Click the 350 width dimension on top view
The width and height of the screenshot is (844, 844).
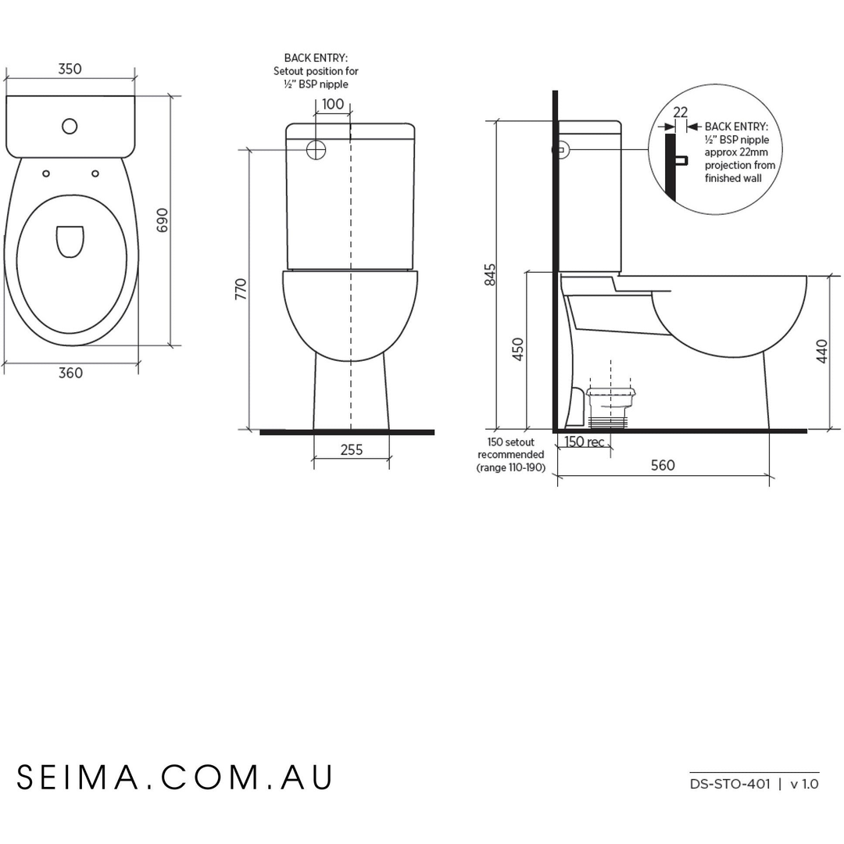[70, 69]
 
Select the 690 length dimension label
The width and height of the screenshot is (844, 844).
[163, 220]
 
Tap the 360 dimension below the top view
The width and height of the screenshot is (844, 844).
[70, 373]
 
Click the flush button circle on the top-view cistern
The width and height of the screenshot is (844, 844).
[70, 126]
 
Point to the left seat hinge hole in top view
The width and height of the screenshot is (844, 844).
[46, 173]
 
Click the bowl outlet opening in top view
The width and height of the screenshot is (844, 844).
[70, 241]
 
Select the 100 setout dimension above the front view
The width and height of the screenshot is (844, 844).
[333, 104]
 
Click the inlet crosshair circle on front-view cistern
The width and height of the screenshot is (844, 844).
[316, 150]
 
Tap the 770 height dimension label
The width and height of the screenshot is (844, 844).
[241, 289]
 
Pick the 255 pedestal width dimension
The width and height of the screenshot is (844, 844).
[352, 450]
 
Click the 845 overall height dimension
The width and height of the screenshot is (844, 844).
[490, 275]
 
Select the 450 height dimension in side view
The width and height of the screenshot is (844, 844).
[517, 349]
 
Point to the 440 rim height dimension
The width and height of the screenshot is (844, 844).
[821, 351]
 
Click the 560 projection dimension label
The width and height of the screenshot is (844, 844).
[663, 466]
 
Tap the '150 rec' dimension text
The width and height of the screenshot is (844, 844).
[585, 442]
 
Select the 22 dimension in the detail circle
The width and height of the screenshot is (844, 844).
[680, 113]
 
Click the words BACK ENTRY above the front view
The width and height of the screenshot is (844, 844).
[316, 58]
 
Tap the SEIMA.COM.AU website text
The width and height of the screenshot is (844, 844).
[176, 778]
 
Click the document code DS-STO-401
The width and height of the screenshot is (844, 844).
[730, 784]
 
